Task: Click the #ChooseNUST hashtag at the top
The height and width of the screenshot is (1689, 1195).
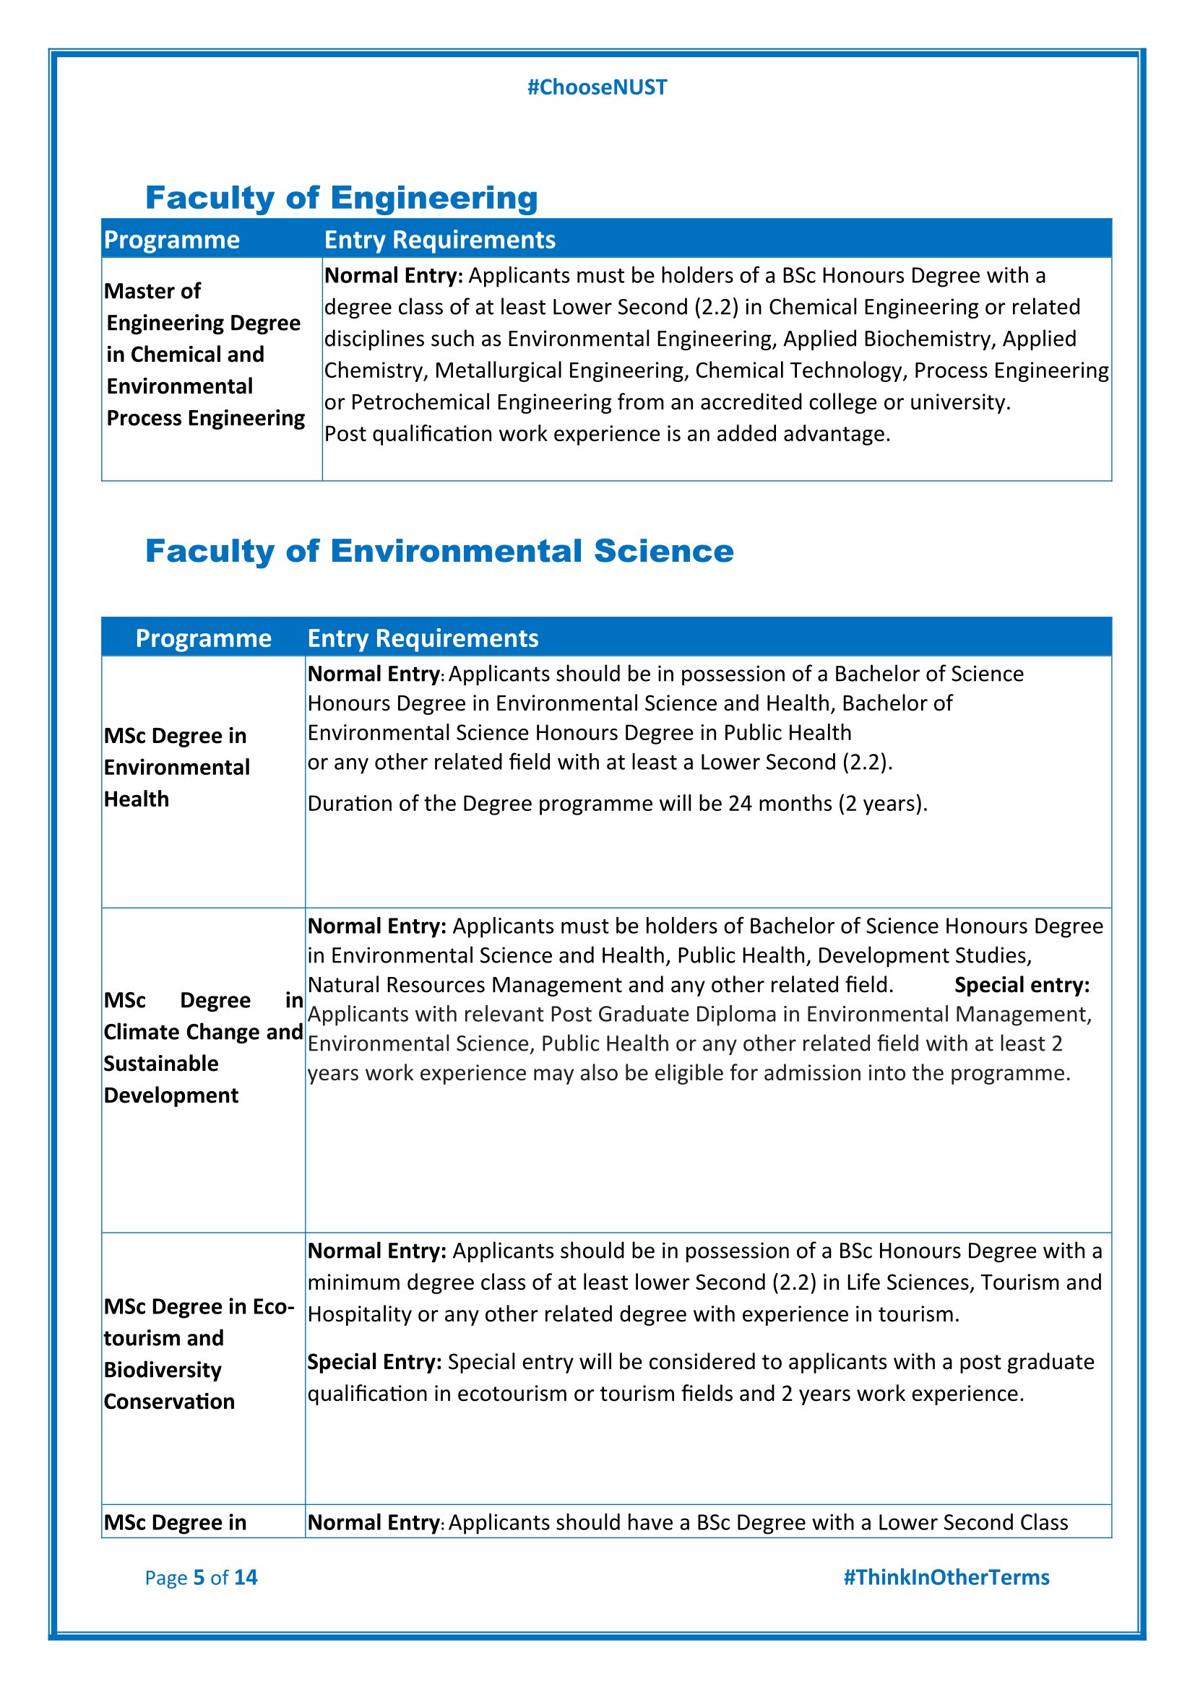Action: coord(597,87)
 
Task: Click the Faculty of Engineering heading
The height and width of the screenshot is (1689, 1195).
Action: coord(342,198)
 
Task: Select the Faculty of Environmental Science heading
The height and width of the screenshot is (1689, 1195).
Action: coord(439,551)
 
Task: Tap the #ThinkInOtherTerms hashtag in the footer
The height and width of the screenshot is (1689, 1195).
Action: coord(946,1577)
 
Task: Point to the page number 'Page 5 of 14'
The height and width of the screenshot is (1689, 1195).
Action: coord(201,1577)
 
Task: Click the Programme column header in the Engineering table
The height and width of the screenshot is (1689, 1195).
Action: coord(171,240)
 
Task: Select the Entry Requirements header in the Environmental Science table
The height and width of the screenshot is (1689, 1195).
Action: coord(423,638)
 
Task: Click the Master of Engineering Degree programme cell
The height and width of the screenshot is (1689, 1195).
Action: coord(204,355)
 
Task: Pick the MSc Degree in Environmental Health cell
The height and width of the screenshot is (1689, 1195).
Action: coord(176,768)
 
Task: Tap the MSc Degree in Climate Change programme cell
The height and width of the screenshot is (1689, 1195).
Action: coord(203,1048)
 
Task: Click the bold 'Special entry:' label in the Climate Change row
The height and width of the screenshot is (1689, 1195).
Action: coord(1022,985)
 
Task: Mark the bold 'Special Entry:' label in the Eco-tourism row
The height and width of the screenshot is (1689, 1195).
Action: coord(374,1362)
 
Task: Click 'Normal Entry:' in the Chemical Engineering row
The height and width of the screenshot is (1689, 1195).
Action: coord(394,276)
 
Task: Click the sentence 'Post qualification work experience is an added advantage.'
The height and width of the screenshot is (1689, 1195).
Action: coord(607,434)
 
